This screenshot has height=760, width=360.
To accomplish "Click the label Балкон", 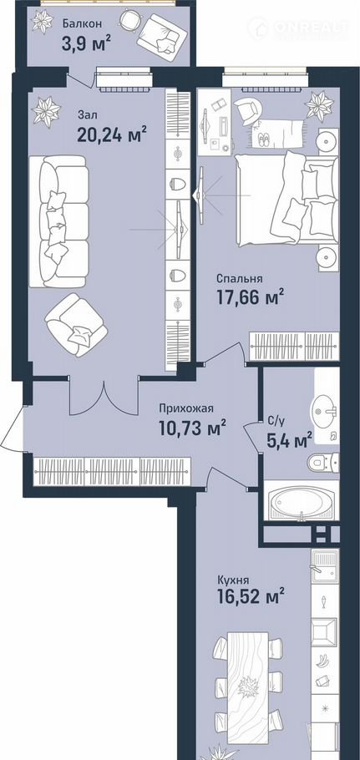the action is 81,23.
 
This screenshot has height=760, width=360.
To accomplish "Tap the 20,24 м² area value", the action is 112,134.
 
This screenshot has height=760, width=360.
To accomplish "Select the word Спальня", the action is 240,279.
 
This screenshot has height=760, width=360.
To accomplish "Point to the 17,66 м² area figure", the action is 249,297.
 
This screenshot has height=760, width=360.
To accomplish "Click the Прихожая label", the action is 186,408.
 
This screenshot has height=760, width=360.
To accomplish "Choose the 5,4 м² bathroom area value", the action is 289,441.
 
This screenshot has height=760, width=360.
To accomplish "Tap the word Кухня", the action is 233,580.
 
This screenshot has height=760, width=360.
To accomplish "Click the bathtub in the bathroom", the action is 301,501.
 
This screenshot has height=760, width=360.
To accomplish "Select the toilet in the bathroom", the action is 322,463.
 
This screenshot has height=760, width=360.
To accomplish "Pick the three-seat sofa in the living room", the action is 58,221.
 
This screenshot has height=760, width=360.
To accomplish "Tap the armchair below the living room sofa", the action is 76,324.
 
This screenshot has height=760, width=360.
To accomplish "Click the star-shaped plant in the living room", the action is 46,111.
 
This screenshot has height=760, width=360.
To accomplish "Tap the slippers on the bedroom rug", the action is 265,139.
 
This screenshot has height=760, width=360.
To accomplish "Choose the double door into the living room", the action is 104,395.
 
